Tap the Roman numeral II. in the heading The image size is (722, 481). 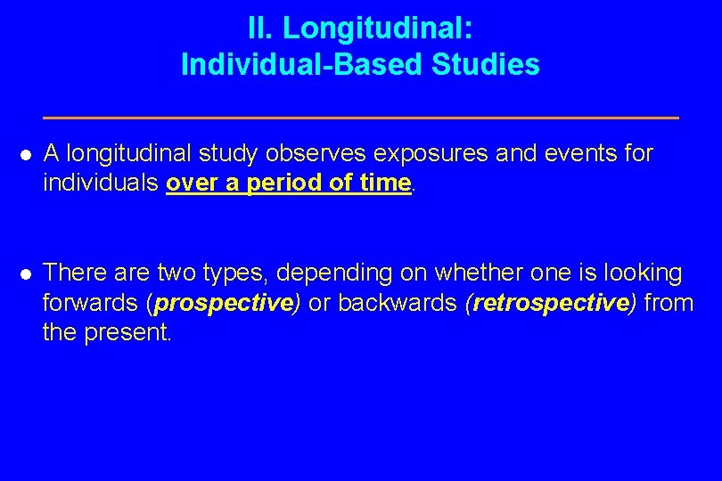pyautogui.click(x=261, y=29)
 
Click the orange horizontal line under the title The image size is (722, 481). pyautogui.click(x=360, y=117)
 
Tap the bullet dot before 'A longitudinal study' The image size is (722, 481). pyautogui.click(x=26, y=155)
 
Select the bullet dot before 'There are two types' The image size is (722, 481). pyautogui.click(x=26, y=273)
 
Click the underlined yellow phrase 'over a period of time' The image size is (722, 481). pyautogui.click(x=289, y=183)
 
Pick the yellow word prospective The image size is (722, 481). pyautogui.click(x=224, y=303)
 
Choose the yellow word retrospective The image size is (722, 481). pyautogui.click(x=551, y=303)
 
